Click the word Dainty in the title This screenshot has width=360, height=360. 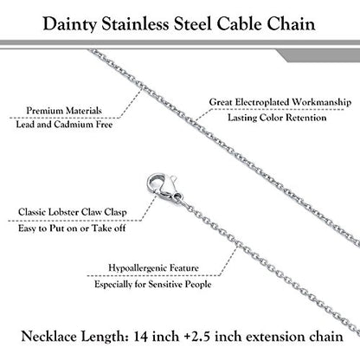point(69,24)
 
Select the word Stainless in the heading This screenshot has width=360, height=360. point(135,23)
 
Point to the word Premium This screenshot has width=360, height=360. point(44,111)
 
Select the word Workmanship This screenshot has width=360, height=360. point(321,102)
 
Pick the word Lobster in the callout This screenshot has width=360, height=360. point(63,212)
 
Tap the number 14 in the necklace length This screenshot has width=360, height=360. point(141,337)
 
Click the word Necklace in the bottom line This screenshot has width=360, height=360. point(48,337)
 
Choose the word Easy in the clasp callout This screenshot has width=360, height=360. point(28,228)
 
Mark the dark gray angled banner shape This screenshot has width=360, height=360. point(318,55)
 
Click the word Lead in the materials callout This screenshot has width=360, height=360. point(25,125)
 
